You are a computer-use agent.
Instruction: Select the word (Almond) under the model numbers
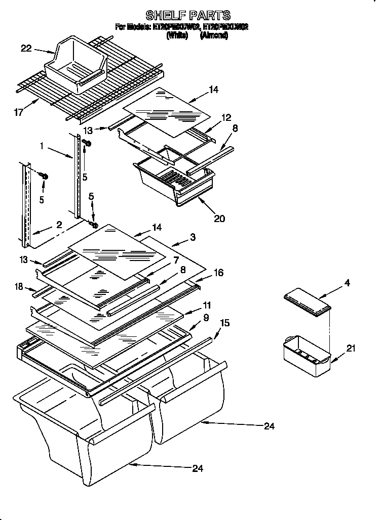[214, 36]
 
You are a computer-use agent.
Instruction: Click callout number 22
[26, 49]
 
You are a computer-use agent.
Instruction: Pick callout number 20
[219, 219]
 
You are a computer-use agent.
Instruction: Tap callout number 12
[225, 117]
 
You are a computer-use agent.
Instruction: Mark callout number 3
[193, 237]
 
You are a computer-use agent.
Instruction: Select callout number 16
[218, 272]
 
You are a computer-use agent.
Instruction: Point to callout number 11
[207, 306]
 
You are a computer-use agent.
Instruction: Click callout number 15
[224, 322]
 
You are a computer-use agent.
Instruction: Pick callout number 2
[59, 224]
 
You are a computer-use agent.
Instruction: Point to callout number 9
[206, 318]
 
